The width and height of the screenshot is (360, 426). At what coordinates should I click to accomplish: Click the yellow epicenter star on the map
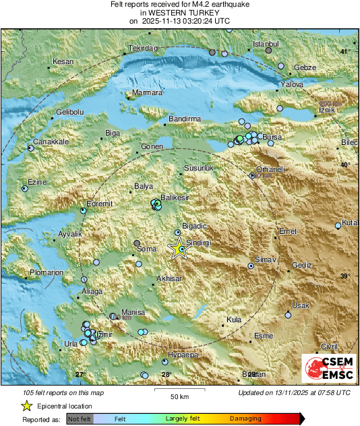click(179, 250)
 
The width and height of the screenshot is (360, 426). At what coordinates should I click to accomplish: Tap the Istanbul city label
click(265, 44)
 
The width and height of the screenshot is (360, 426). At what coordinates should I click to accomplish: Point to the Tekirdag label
click(142, 49)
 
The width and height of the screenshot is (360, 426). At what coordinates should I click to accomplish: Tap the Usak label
click(301, 305)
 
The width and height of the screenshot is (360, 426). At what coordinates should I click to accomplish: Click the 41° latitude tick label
click(345, 52)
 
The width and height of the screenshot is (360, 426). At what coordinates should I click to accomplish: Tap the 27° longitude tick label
click(80, 374)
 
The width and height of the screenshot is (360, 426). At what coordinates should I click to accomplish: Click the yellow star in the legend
click(26, 406)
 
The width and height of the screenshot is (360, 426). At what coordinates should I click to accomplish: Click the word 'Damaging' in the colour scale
click(245, 419)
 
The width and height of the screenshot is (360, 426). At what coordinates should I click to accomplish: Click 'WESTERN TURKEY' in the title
click(179, 13)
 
